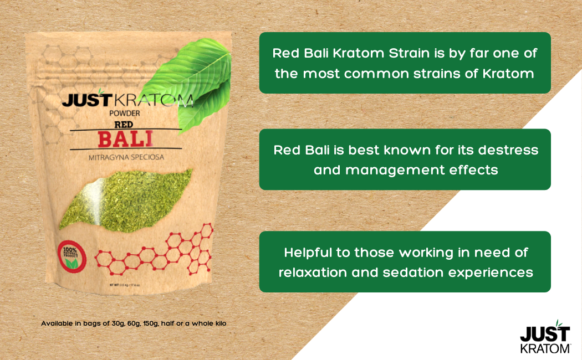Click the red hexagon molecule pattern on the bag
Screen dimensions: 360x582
(x=161, y=249)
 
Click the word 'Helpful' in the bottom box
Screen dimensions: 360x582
(x=309, y=253)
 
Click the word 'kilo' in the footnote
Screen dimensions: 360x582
(x=218, y=323)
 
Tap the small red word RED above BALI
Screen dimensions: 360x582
(x=124, y=124)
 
